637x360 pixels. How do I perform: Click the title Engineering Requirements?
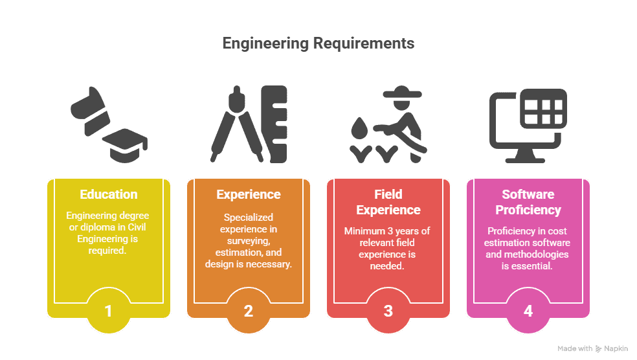coord(318,43)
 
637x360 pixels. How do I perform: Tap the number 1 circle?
coord(108,311)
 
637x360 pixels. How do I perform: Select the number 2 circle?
coord(248,311)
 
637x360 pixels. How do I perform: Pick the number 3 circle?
coord(388,311)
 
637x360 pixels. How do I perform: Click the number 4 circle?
coord(528,311)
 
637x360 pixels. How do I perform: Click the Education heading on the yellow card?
coord(108,194)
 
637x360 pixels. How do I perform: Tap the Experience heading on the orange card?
coord(248,194)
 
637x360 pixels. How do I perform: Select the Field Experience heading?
coord(388,202)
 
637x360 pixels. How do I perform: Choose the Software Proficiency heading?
coord(528,202)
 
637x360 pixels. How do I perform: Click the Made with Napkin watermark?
coord(592,348)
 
